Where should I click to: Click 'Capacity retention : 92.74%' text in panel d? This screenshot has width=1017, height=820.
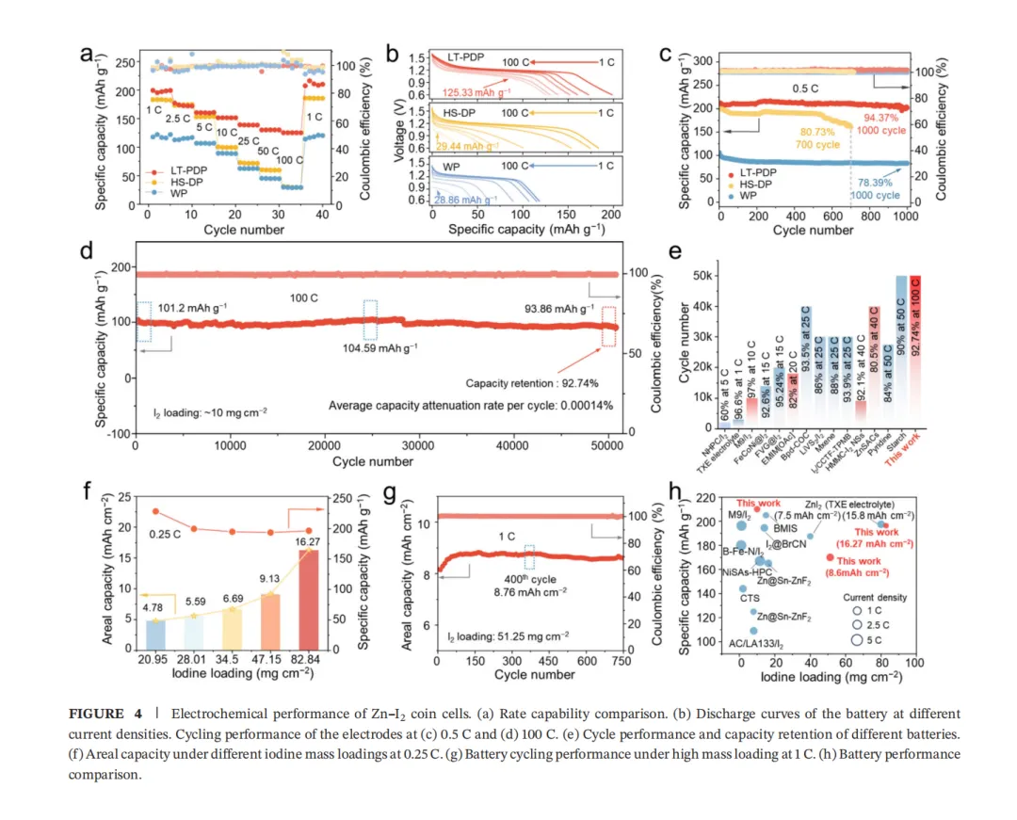point(533,383)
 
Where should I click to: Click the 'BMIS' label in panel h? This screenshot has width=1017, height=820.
point(786,529)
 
